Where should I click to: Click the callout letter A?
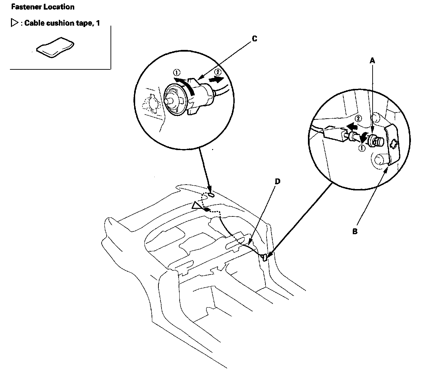pos(373,61)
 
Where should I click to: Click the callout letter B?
pos(355,231)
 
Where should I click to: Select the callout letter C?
pos(254,39)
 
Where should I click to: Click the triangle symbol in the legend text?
pos(14,23)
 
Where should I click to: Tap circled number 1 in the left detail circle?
pos(177,72)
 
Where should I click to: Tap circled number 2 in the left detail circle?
pos(217,72)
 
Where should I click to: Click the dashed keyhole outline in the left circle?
pos(151,103)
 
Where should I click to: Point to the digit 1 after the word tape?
pos(98,23)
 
